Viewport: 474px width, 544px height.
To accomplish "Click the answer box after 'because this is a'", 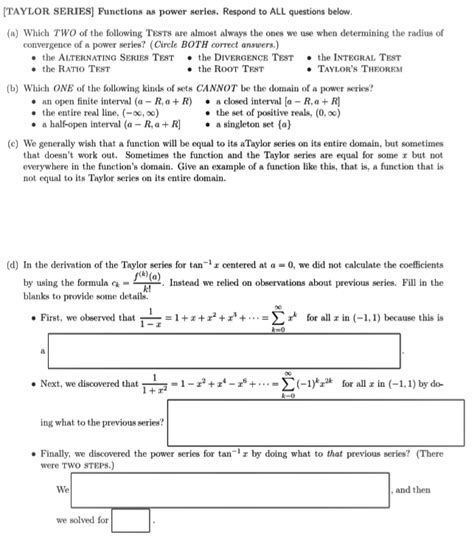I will click(x=225, y=351).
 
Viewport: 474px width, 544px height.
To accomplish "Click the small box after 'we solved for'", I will click(x=131, y=522).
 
